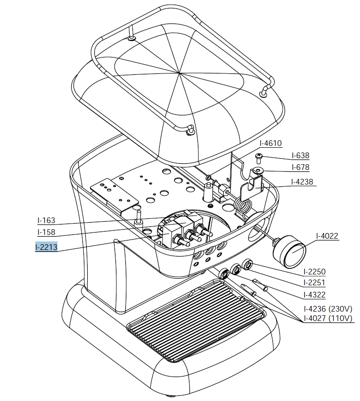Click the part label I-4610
click(x=270, y=143)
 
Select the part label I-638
click(x=300, y=155)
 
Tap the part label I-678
click(x=300, y=167)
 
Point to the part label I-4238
click(x=302, y=182)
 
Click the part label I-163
click(x=46, y=220)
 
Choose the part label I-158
click(x=46, y=233)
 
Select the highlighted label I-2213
click(x=46, y=247)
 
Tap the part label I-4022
click(x=327, y=236)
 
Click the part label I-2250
click(x=314, y=272)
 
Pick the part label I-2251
click(x=314, y=282)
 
